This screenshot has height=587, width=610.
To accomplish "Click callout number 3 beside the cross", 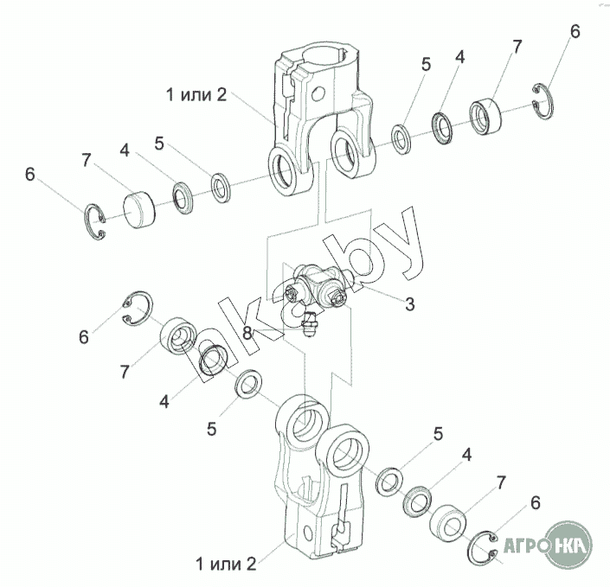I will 409,303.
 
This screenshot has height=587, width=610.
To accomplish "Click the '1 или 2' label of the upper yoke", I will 197,94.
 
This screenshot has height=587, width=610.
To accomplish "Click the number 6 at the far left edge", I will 30,175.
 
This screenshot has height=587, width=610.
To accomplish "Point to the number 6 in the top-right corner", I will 575,32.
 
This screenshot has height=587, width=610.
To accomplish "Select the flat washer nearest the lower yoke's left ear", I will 251,383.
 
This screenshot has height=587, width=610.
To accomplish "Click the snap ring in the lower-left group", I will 137,309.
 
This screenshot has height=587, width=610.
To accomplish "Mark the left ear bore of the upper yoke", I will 285,169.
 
